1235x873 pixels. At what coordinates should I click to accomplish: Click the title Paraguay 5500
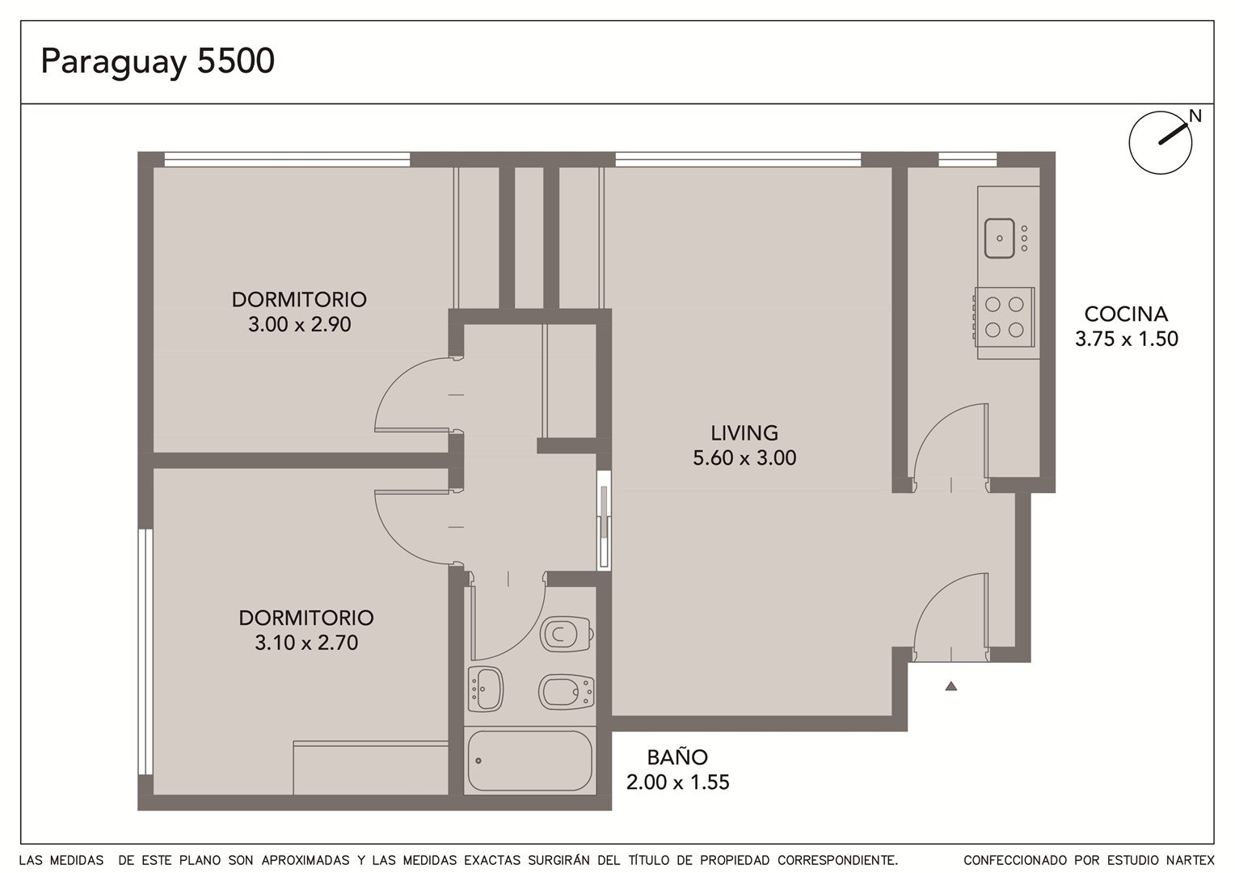[x=158, y=61]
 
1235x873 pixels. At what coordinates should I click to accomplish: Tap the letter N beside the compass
[x=1195, y=116]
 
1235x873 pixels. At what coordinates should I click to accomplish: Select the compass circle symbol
[x=1161, y=143]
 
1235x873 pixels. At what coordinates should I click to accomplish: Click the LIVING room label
[x=744, y=433]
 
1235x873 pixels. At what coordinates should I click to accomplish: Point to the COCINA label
[x=1127, y=314]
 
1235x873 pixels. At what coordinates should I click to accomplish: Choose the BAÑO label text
[x=677, y=757]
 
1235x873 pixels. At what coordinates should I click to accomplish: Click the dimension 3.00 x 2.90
[x=299, y=324]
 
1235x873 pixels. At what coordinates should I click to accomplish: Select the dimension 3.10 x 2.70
[x=306, y=643]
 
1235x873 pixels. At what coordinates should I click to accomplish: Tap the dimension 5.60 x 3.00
[x=744, y=458]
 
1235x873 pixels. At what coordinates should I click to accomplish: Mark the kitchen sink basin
[x=1000, y=238]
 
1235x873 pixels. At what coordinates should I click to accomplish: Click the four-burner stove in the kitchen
[x=1004, y=317]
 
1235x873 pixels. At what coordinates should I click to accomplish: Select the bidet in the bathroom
[x=567, y=692]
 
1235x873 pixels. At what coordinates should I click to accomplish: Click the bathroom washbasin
[x=485, y=690]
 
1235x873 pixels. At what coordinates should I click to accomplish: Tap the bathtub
[x=530, y=761]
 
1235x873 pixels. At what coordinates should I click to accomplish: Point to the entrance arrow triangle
[x=951, y=686]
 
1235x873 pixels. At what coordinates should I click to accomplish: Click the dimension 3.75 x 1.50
[x=1127, y=339]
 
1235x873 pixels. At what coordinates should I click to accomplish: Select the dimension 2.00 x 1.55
[x=677, y=782]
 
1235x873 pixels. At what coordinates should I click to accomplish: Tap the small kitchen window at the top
[x=967, y=159]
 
